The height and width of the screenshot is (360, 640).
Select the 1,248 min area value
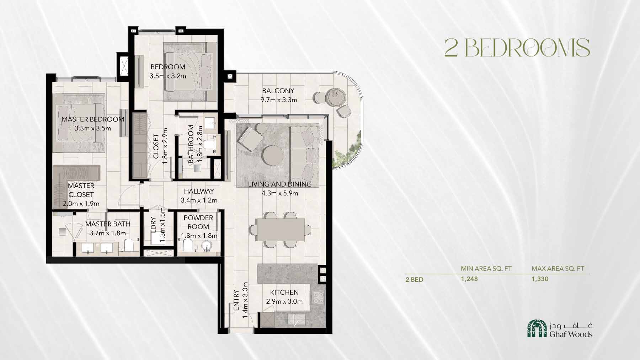click(469, 279)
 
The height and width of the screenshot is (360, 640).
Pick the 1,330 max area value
click(540, 279)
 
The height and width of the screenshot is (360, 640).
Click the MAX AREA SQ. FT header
click(558, 269)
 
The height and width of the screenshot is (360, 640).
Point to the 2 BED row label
click(414, 279)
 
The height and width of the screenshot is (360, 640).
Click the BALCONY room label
click(278, 91)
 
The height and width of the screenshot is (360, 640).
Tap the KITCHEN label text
click(284, 292)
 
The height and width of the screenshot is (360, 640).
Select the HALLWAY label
click(199, 191)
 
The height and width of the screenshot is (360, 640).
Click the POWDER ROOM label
click(198, 222)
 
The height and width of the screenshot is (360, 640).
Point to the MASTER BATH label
click(107, 224)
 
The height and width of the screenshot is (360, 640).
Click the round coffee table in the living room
click(273, 156)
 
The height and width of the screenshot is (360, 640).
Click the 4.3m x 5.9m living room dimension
click(279, 193)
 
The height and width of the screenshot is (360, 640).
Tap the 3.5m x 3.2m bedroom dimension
click(168, 76)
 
